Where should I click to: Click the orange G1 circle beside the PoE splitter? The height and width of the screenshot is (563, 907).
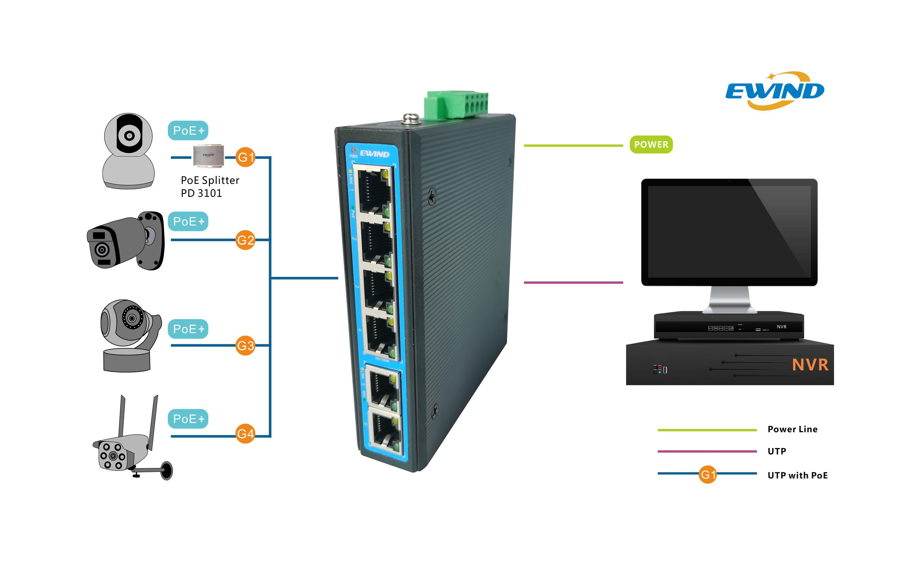pyautogui.click(x=245, y=157)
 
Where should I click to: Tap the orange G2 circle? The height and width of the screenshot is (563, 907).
pyautogui.click(x=245, y=240)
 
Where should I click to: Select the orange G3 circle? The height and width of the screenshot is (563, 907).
pyautogui.click(x=245, y=346)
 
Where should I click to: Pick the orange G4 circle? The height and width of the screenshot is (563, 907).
pyautogui.click(x=245, y=434)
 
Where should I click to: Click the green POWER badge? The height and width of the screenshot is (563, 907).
pyautogui.click(x=651, y=145)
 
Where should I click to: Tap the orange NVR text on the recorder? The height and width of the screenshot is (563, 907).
pyautogui.click(x=810, y=365)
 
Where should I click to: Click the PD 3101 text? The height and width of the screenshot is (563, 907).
pyautogui.click(x=201, y=193)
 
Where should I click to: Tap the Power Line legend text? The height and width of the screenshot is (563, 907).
pyautogui.click(x=792, y=429)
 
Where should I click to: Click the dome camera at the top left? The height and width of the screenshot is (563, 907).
pyautogui.click(x=128, y=151)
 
